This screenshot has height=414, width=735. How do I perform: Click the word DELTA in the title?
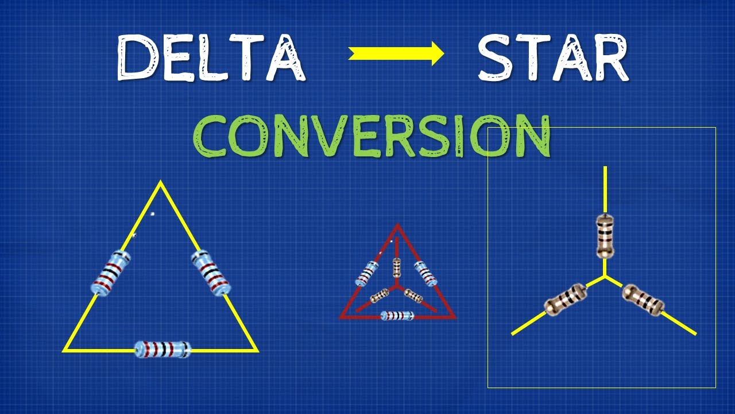point(210,57)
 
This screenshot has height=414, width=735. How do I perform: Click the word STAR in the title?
point(553,57)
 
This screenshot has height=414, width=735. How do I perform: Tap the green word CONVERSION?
point(372,137)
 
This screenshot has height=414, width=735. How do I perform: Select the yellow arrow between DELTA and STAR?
point(396,54)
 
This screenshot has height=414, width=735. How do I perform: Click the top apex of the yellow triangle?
point(160,183)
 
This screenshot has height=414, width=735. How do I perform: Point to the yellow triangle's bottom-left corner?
point(65,349)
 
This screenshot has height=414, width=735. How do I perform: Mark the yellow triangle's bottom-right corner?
point(256,349)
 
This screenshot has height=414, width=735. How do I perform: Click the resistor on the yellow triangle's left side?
point(111,273)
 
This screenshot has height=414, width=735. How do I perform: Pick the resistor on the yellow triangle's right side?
point(211,273)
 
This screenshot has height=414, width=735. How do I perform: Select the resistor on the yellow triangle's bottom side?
point(162,348)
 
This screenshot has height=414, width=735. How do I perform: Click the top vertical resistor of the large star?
point(605,236)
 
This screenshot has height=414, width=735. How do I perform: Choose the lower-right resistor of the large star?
point(643,300)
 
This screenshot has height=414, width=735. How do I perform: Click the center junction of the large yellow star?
point(605,277)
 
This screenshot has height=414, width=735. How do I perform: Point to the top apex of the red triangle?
point(397,225)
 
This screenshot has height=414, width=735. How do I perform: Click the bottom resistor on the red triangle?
point(397,316)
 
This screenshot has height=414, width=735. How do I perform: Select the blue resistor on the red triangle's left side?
point(367,274)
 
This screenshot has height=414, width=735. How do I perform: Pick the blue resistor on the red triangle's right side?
point(425,274)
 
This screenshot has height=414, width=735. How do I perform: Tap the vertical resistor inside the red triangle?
point(397,267)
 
